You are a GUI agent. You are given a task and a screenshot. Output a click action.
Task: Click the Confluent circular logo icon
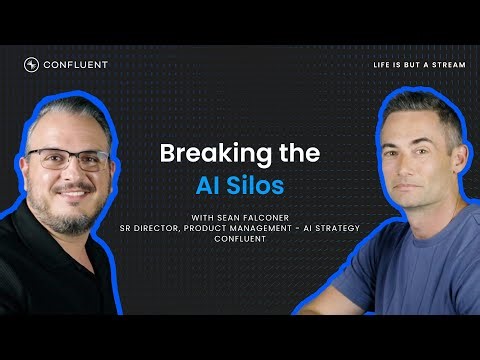click(x=31, y=65)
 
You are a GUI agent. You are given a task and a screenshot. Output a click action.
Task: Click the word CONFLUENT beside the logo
click(x=75, y=65)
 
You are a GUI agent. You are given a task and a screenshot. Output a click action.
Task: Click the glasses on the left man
click(x=67, y=158)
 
